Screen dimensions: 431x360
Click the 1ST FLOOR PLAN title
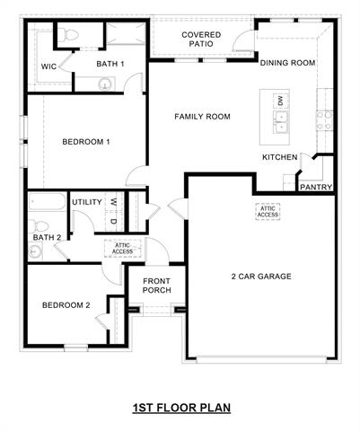[181, 408]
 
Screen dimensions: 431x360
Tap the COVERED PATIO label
[201, 40]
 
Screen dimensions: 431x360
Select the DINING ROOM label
[287, 63]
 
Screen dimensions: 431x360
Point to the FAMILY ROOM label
[202, 117]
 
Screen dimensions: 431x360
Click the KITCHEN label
[279, 157]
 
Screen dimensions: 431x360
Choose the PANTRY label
[315, 188]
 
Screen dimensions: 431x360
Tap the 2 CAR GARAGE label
[260, 277]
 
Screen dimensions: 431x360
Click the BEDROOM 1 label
[86, 142]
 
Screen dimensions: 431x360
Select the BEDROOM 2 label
[66, 305]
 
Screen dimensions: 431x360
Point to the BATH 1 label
[110, 63]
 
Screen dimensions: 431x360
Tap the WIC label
[50, 66]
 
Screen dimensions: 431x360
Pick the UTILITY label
[87, 202]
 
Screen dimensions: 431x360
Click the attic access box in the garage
[268, 211]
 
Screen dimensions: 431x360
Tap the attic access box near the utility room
[122, 247]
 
